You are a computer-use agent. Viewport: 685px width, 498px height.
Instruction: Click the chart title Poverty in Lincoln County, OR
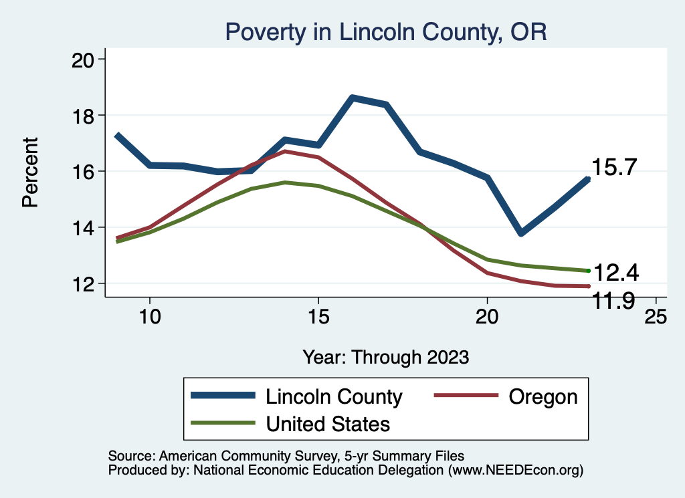click(x=386, y=31)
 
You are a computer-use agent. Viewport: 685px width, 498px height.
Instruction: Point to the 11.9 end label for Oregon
click(x=614, y=302)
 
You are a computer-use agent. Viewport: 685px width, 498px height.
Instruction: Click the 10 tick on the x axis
click(x=149, y=316)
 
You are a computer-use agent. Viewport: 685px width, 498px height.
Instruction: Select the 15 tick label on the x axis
click(x=318, y=316)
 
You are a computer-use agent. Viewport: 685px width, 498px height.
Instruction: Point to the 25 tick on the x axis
click(x=656, y=316)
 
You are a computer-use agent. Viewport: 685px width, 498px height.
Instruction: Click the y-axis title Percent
click(x=30, y=172)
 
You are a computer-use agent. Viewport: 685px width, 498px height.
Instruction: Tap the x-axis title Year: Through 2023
click(x=385, y=356)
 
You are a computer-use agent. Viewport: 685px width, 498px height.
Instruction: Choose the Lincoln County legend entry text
click(x=334, y=396)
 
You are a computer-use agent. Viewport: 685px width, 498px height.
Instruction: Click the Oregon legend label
click(x=543, y=396)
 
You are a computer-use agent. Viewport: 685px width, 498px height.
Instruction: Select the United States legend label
click(x=328, y=423)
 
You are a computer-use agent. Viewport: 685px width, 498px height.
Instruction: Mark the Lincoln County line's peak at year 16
click(x=353, y=98)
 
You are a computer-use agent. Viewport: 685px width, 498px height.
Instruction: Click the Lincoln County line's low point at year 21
click(x=521, y=233)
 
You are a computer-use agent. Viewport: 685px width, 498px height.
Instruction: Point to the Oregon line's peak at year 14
click(x=285, y=152)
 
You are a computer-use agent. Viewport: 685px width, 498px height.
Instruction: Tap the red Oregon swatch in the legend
click(x=467, y=396)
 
